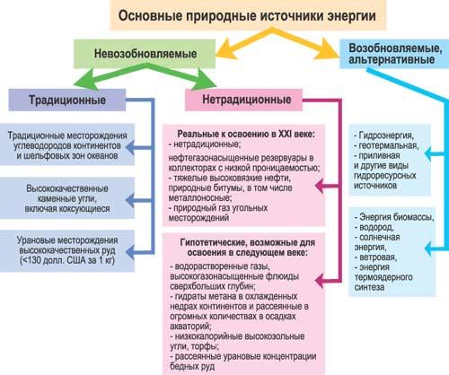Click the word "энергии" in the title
point(351,16)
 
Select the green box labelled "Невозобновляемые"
point(145,54)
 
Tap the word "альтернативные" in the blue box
point(392,59)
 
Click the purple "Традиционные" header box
point(67,100)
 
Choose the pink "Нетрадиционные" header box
point(243,100)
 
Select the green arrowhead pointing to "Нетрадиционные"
point(204,79)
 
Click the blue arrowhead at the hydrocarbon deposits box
point(130,147)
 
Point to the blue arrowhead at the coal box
point(130,200)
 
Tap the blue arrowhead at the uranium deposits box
point(130,252)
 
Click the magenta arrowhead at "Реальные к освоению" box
point(321,186)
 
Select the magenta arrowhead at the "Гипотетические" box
point(321,281)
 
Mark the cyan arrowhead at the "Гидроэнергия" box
point(429,154)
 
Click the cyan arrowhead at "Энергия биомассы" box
point(429,249)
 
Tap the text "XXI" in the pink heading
point(285,134)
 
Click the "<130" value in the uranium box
point(28,260)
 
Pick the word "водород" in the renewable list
point(376,228)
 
